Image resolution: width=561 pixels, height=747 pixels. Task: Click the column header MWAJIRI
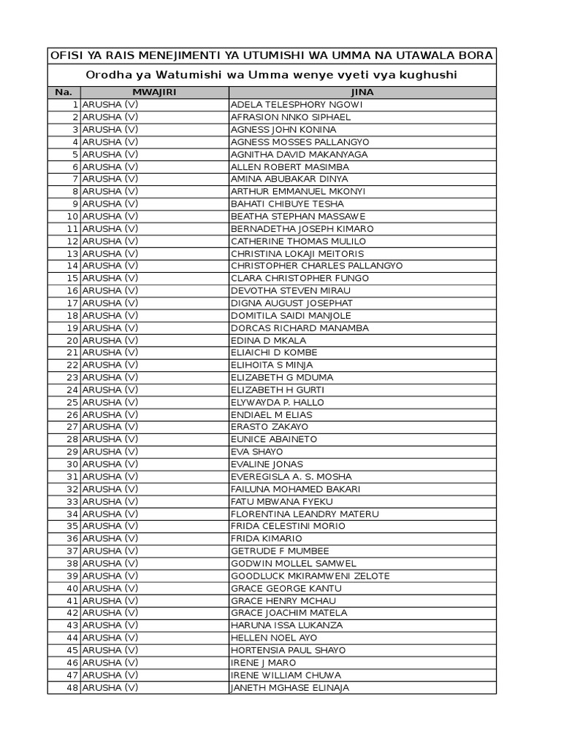point(154,93)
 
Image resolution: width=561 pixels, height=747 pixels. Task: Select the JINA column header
point(362,93)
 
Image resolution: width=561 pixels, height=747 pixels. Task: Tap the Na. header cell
point(64,93)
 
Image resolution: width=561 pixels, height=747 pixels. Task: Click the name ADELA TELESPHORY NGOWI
point(297,104)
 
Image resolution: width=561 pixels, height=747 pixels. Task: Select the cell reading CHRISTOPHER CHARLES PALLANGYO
point(316,266)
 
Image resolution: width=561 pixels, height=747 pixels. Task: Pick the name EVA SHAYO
point(257,452)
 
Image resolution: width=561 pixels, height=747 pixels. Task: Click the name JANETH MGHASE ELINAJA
point(290,687)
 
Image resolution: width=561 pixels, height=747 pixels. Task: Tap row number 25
point(72,402)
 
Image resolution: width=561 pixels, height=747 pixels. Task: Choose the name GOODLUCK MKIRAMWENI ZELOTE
point(310,576)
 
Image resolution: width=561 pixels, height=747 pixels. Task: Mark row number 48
point(72,687)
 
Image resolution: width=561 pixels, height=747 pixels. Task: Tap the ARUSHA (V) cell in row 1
point(110,104)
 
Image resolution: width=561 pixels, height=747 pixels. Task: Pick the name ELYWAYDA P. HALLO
point(278,402)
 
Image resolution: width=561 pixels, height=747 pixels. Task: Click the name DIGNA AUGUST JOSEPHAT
point(291,303)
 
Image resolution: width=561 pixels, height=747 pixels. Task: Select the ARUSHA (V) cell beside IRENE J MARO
point(110,662)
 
